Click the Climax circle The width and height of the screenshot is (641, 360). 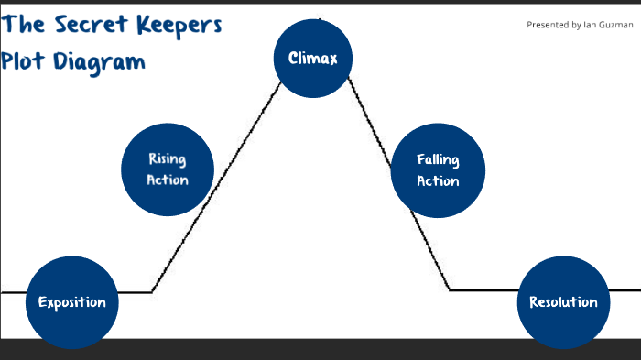coord(313,59)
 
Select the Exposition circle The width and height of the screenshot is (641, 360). coord(71,302)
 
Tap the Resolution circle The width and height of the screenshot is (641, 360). coord(563,302)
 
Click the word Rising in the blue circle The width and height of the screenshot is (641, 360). coord(168,159)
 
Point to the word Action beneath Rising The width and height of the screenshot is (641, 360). coord(168,180)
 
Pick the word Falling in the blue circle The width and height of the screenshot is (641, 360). coord(438,160)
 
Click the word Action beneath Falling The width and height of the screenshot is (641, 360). coord(438,180)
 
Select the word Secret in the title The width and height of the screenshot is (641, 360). coord(88,25)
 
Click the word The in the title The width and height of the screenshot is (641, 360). coord(23,24)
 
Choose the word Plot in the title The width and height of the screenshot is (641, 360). coord(27,62)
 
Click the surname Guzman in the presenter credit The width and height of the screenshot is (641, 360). coord(614,25)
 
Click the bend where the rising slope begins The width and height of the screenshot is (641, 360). coord(152,292)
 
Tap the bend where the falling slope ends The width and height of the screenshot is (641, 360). coord(450,290)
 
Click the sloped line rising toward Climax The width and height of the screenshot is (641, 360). coord(229,165)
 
